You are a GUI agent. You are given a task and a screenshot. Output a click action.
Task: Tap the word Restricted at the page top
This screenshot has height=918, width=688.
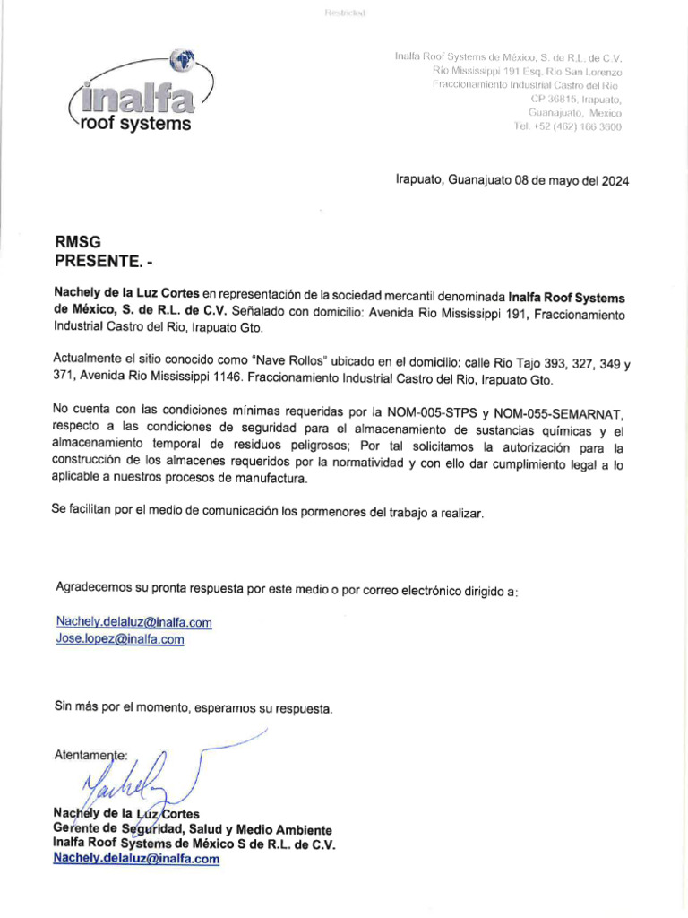click(x=344, y=13)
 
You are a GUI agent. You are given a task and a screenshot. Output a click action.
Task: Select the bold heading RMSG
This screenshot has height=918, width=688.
click(x=78, y=241)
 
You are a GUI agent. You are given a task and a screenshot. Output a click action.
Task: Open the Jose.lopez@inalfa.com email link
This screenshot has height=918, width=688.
click(x=120, y=639)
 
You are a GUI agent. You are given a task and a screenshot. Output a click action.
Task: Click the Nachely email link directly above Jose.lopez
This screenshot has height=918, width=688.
click(x=133, y=622)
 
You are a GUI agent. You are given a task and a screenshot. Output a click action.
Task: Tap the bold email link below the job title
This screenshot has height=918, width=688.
click(x=136, y=858)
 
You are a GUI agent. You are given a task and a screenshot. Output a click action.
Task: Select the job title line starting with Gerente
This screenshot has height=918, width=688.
click(x=193, y=829)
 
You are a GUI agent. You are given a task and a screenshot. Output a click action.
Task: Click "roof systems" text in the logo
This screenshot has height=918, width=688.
click(x=135, y=124)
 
